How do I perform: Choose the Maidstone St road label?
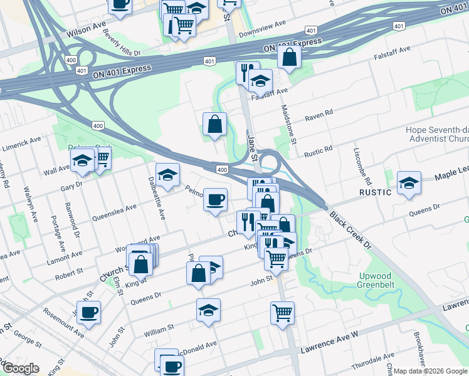point(287,123)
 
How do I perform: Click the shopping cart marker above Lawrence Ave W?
point(283,312)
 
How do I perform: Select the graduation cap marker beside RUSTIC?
point(409,183)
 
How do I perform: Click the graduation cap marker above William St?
point(209,310)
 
